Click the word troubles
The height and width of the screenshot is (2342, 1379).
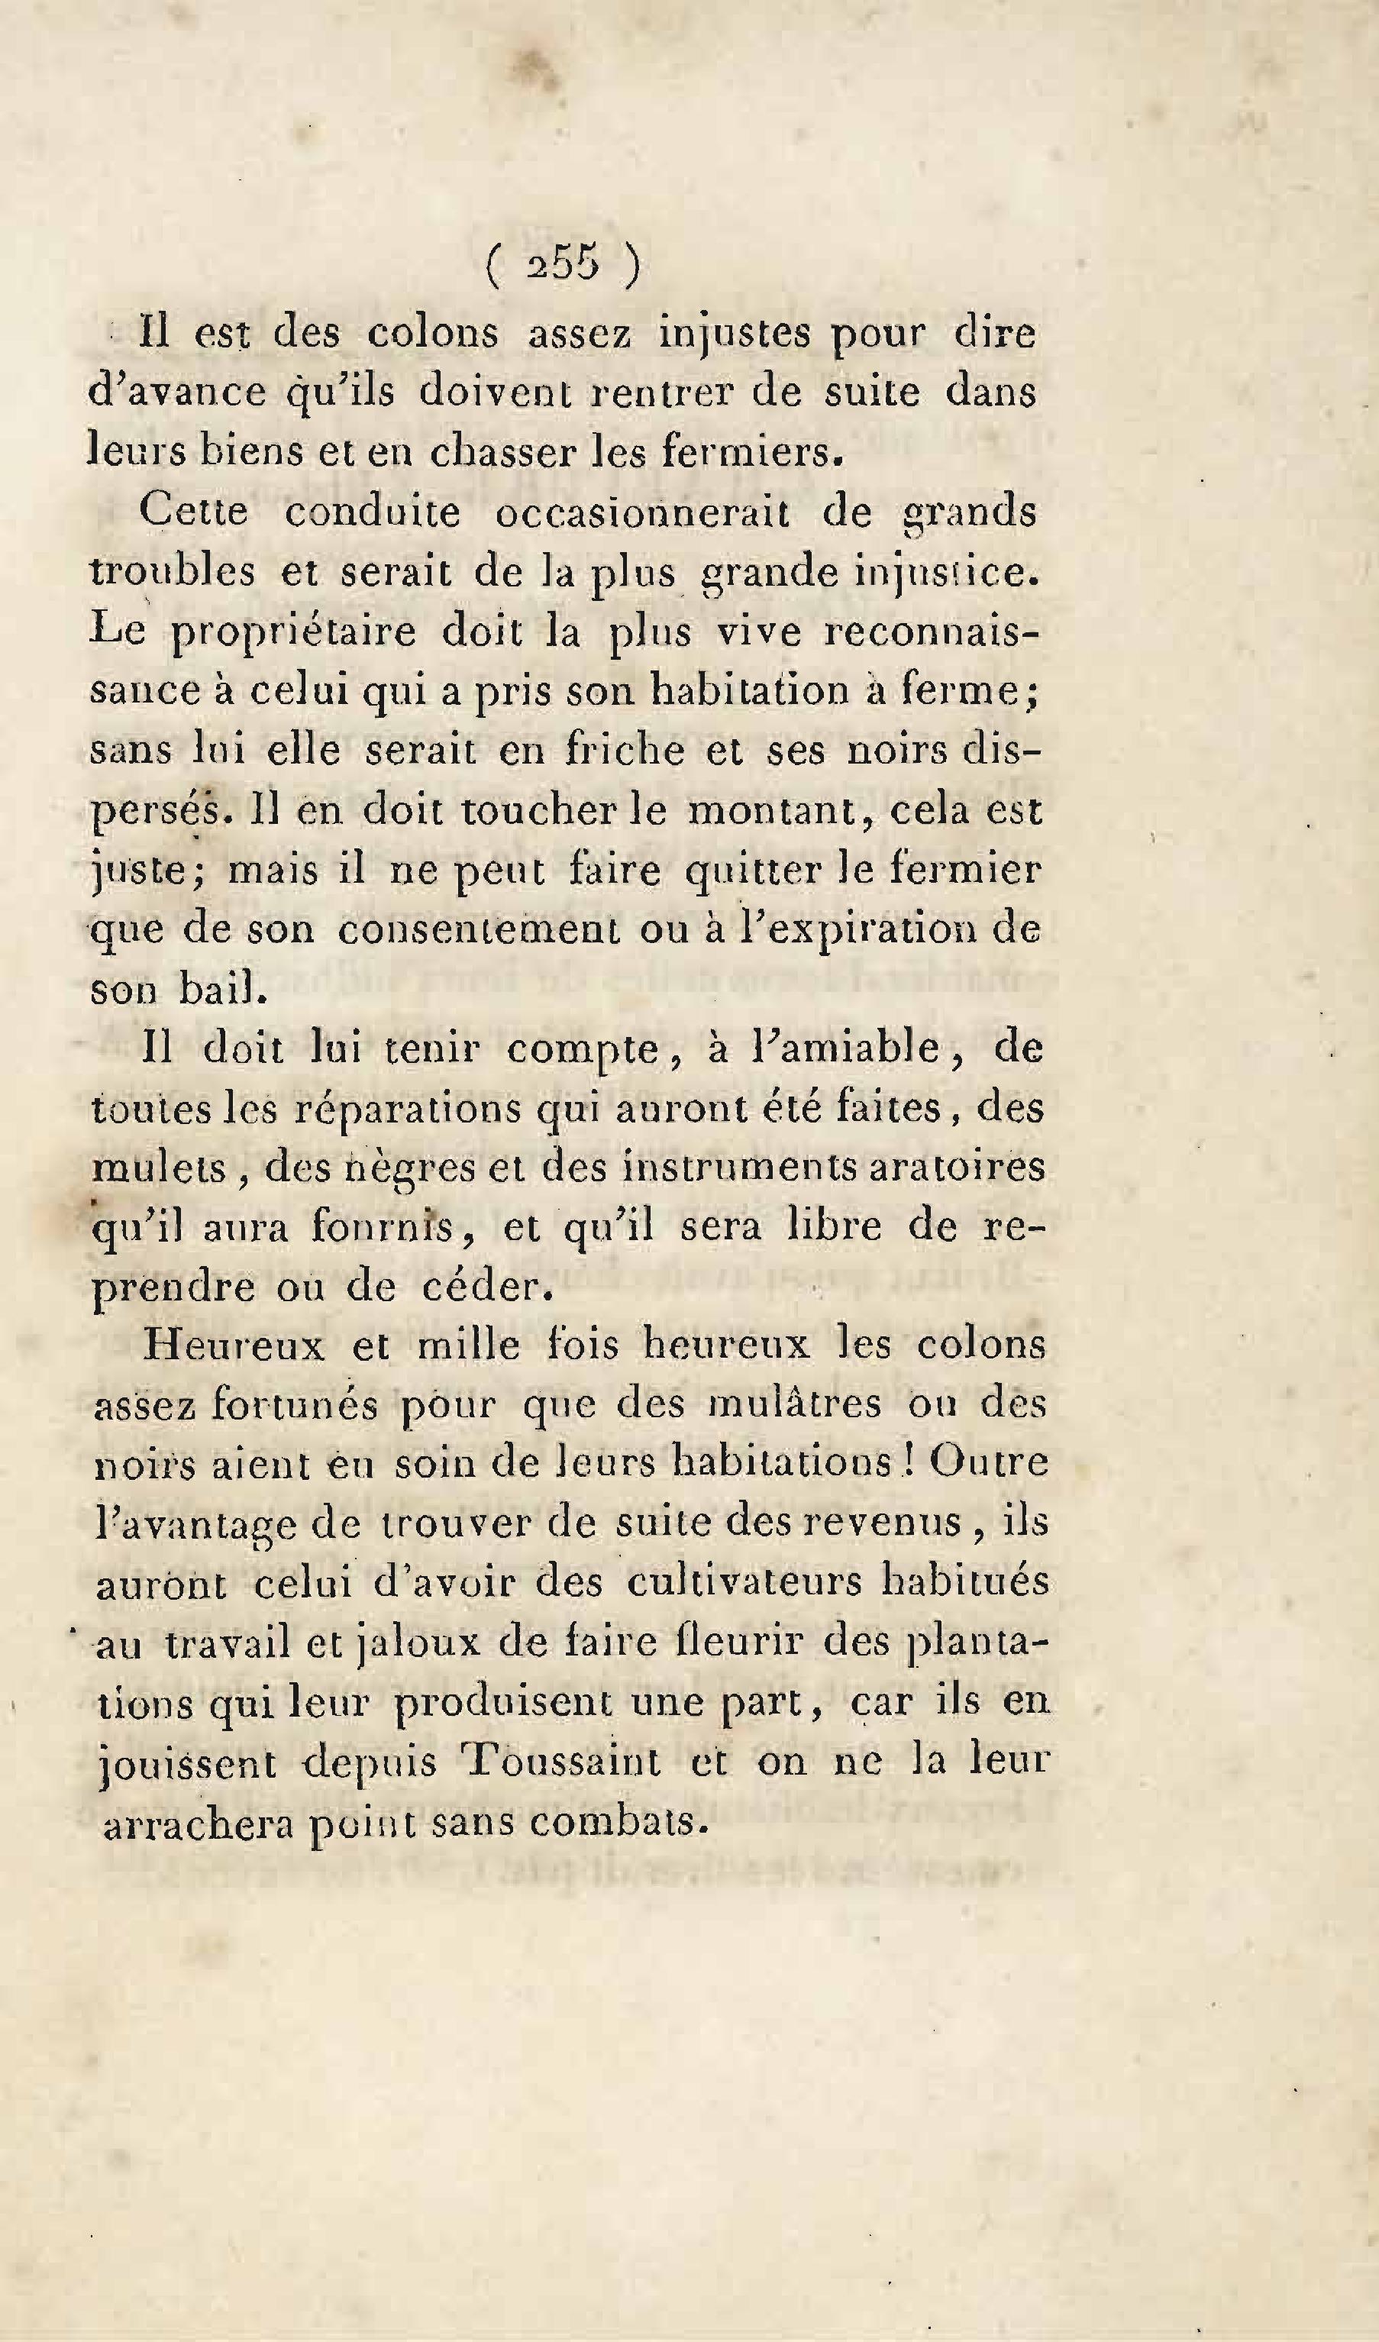coord(173,573)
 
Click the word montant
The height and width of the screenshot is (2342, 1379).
coord(780,810)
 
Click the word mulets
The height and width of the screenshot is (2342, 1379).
coord(159,1169)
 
